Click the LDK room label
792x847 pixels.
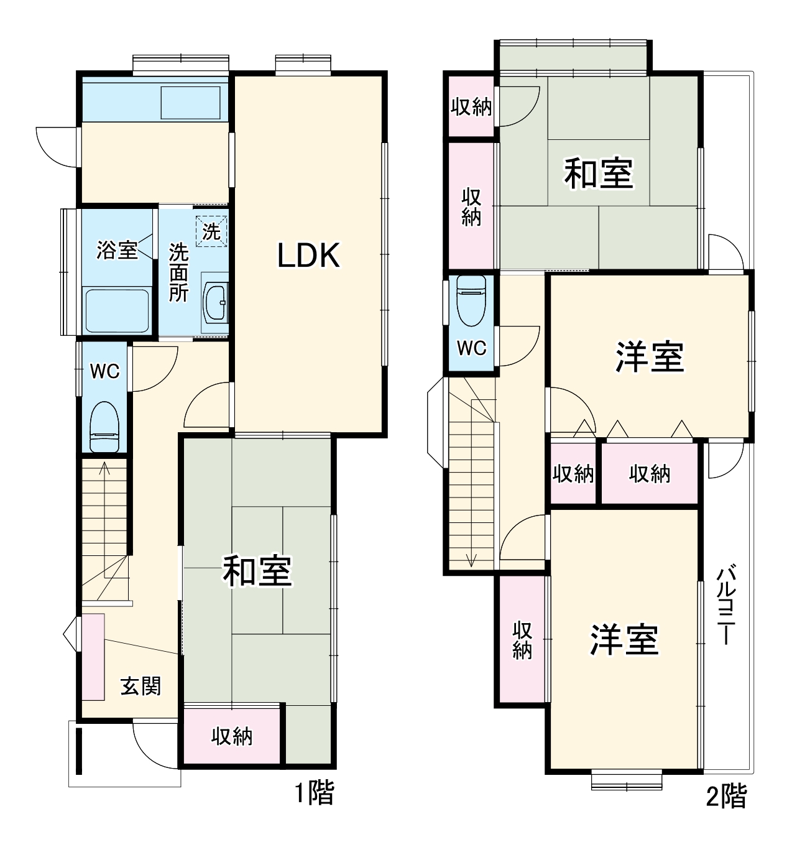coord(309,256)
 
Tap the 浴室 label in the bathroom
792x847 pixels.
coord(117,250)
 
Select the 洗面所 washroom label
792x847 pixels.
coord(179,272)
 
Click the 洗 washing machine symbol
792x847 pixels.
coord(212,231)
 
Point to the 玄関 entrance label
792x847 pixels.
coord(141,686)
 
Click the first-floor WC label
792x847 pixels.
coord(104,371)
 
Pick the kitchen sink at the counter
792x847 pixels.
coord(191,103)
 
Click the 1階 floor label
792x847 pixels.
coord(314,794)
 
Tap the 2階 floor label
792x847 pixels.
coord(726,796)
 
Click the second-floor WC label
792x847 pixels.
coord(471,349)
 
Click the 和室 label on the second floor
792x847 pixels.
coord(598,174)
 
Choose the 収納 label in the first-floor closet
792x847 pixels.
coord(232,736)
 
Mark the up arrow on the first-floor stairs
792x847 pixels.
coord(104,468)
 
